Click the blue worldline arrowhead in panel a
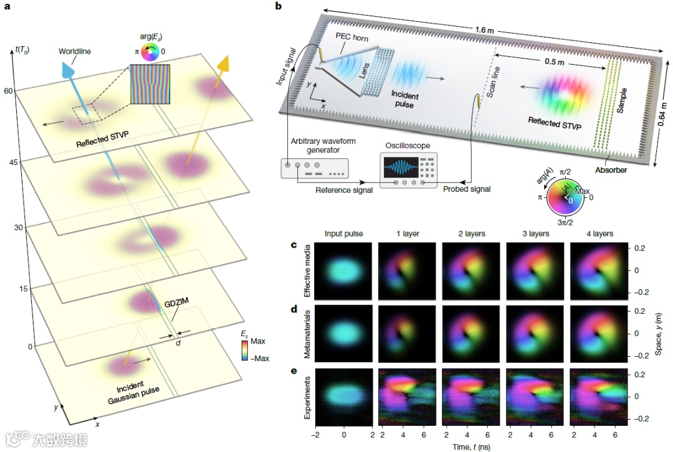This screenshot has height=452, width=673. click(68, 70)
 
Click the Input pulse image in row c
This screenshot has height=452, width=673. click(344, 271)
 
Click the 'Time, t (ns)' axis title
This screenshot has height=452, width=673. click(470, 445)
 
